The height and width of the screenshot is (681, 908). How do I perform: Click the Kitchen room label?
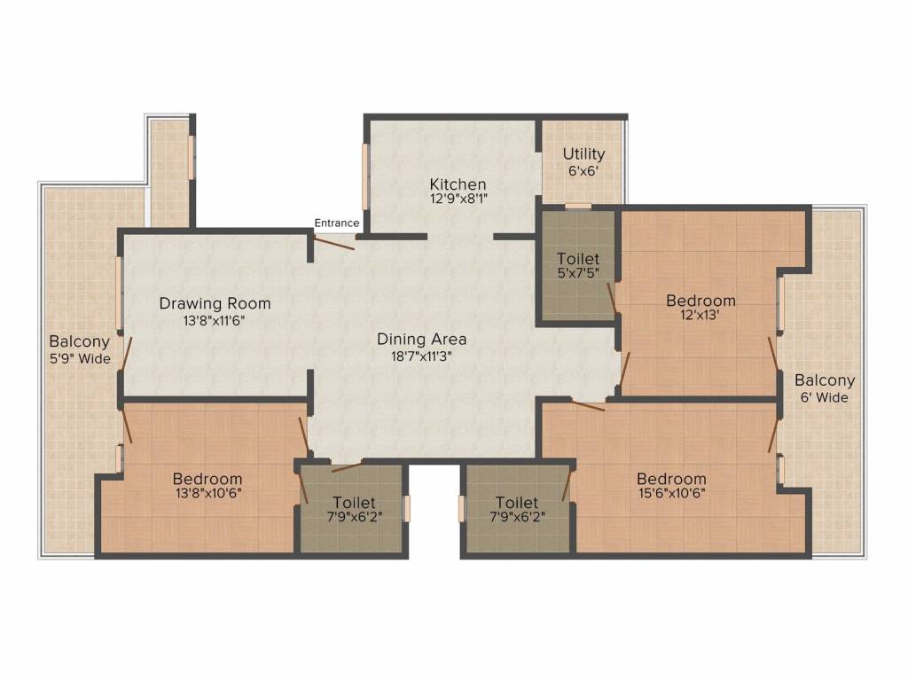point(458,184)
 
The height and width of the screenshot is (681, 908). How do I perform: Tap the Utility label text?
point(583,154)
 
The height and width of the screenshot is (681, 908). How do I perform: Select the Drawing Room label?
point(215,303)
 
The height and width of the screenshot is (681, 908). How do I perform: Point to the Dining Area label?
point(421,339)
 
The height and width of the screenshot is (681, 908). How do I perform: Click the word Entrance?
point(337,223)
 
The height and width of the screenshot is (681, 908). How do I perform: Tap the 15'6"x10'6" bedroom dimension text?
point(671,494)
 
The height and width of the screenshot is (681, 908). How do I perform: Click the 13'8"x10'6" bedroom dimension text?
point(207,494)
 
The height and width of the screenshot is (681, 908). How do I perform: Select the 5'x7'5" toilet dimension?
point(578,275)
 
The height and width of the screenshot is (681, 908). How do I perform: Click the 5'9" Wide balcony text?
point(80,358)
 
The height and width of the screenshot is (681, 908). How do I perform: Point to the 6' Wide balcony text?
point(825,397)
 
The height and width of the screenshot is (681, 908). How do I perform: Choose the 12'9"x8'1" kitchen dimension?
point(458,200)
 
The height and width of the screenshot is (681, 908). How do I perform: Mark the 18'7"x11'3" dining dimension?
point(421,355)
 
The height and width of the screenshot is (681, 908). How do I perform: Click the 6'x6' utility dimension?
point(583,171)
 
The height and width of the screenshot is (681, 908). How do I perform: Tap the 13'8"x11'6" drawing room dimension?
point(215,320)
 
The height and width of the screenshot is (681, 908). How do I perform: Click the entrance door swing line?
point(335,241)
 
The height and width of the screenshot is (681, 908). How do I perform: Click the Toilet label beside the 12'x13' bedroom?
point(578,259)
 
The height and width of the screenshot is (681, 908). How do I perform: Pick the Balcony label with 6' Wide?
point(825,380)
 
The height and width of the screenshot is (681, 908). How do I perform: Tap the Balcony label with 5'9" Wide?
point(80,341)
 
